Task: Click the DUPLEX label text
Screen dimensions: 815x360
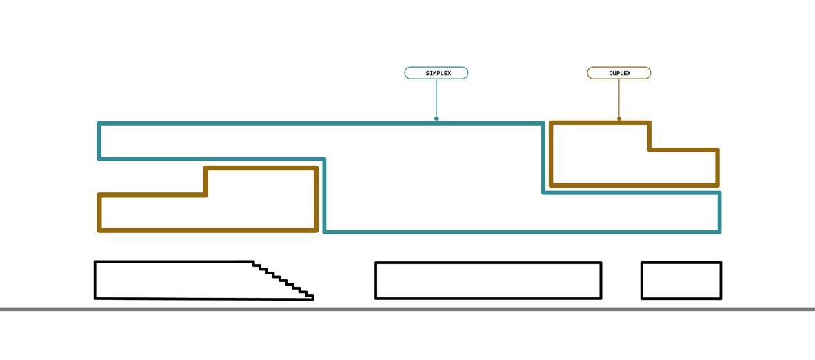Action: (x=619, y=73)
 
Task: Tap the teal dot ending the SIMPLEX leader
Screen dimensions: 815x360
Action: (x=436, y=119)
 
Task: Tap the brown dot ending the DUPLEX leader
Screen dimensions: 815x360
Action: (x=619, y=119)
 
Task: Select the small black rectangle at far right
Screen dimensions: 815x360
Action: (x=681, y=281)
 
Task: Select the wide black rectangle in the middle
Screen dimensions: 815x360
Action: (x=488, y=281)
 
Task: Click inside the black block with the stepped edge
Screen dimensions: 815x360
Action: (x=172, y=280)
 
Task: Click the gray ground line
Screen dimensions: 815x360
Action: (x=407, y=309)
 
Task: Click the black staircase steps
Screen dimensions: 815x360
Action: (x=283, y=280)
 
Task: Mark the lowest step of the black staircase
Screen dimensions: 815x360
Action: (x=310, y=297)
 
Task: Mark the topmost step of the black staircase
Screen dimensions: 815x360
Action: (x=256, y=263)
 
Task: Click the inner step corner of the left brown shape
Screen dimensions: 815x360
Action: (x=205, y=194)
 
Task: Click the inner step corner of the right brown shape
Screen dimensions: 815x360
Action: (x=650, y=149)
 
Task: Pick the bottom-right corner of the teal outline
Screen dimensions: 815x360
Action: (x=719, y=231)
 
